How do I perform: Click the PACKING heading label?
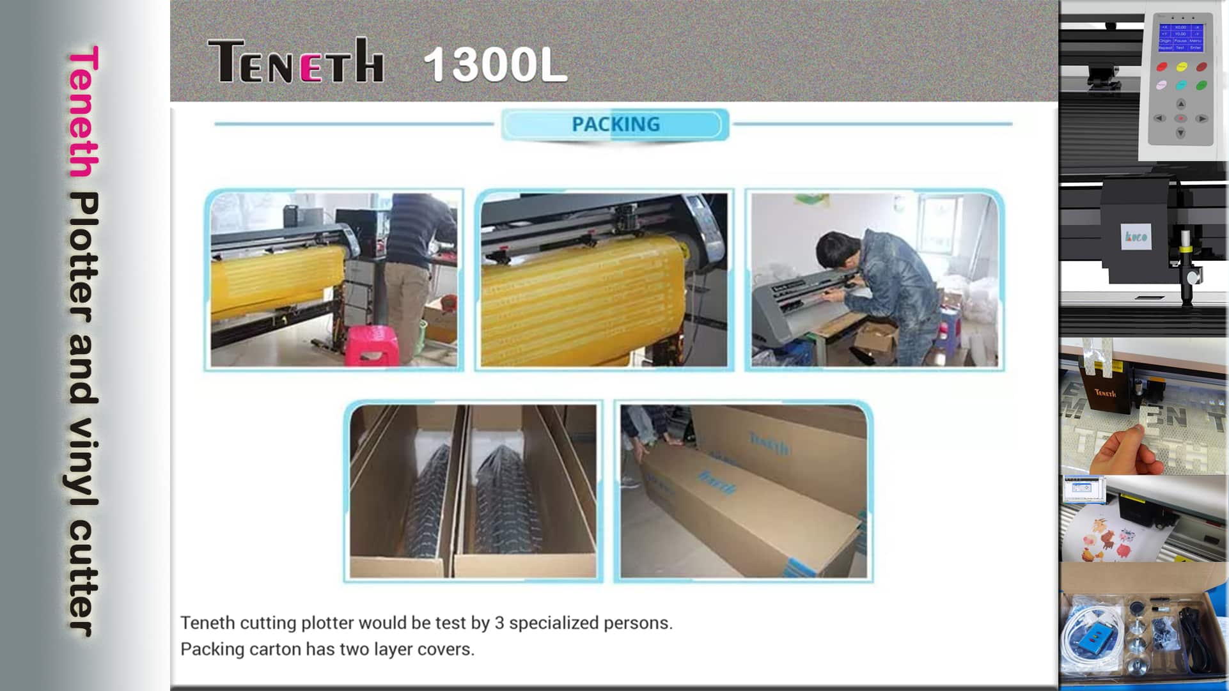point(615,124)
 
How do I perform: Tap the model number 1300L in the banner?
point(495,65)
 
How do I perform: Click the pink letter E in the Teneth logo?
point(311,67)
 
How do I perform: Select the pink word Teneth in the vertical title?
point(84,111)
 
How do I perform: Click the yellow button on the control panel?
point(1182,67)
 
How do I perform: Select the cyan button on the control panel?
point(1182,85)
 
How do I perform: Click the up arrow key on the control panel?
point(1181,104)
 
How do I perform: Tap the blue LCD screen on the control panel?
point(1180,38)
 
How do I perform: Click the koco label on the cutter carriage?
point(1136,237)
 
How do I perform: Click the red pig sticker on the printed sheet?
point(1123,550)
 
